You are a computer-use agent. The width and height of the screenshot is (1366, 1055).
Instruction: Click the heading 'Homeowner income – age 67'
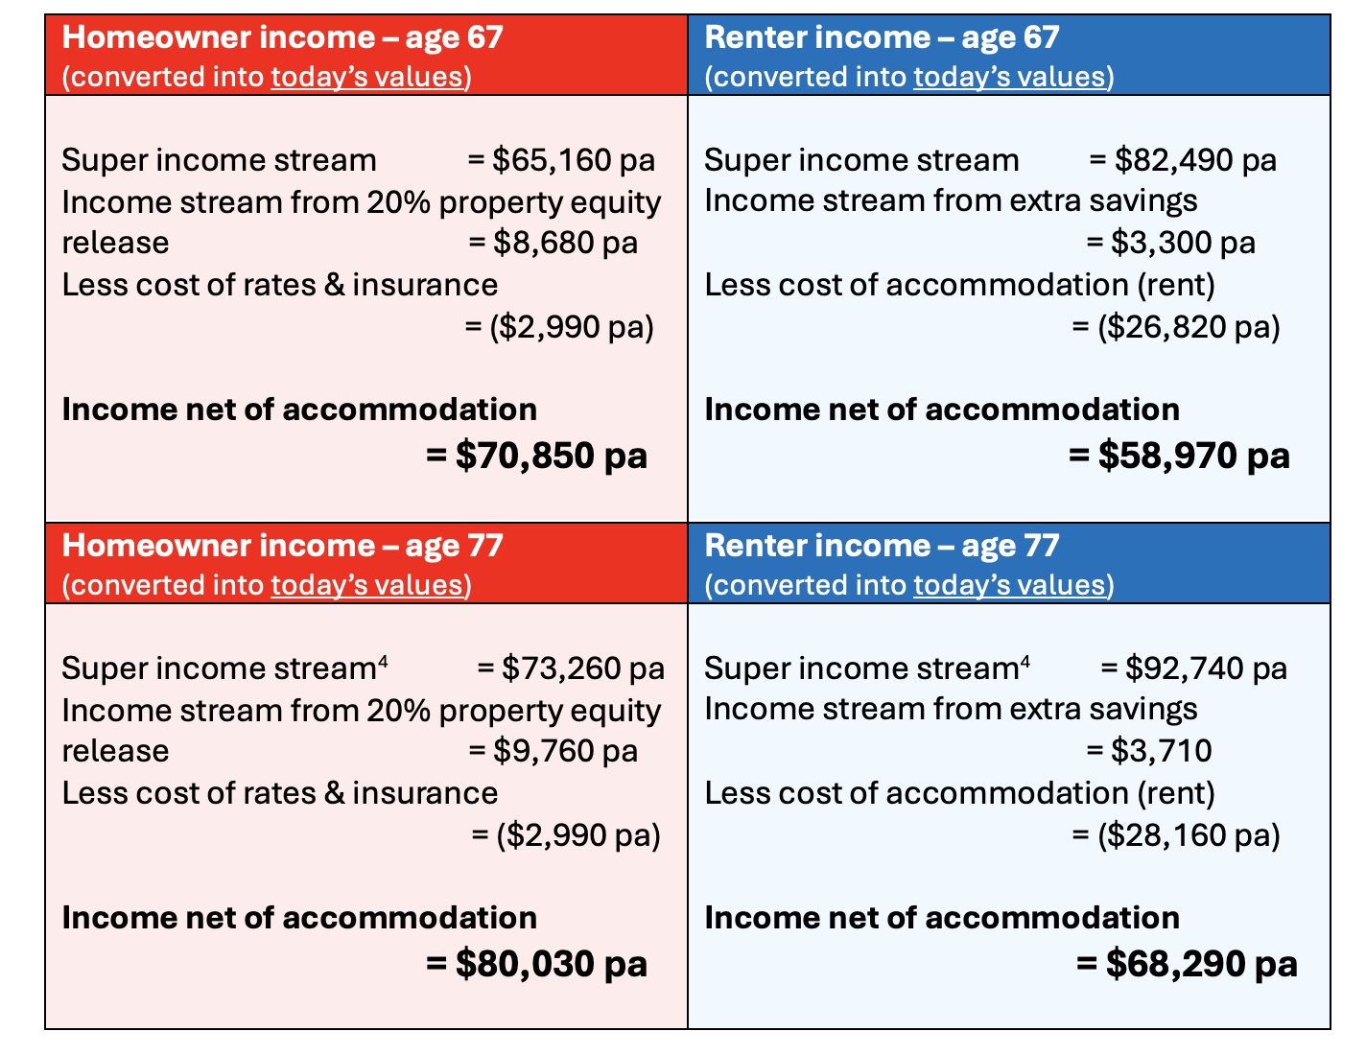[282, 37]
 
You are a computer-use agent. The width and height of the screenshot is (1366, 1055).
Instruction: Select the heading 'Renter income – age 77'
[882, 546]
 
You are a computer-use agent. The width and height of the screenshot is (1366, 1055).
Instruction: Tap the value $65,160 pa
[574, 160]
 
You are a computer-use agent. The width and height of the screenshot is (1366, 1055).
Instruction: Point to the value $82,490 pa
[1195, 160]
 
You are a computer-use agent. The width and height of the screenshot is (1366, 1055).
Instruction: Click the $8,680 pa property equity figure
[565, 244]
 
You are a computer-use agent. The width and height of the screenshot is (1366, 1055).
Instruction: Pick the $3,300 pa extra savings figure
[1183, 244]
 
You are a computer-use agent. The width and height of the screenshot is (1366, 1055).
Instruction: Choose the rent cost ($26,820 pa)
[1189, 327]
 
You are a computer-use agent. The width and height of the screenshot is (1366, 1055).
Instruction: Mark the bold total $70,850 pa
[551, 456]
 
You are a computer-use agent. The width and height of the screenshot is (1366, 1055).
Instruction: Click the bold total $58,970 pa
[1193, 456]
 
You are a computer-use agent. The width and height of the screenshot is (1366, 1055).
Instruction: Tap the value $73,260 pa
[582, 668]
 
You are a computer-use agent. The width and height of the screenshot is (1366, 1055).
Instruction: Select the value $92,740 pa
[1206, 668]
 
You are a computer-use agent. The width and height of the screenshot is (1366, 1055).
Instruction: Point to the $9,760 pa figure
[565, 752]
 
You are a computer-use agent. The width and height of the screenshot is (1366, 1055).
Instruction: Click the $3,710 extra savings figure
[1161, 752]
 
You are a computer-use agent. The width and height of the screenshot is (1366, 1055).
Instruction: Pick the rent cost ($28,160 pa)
[1189, 835]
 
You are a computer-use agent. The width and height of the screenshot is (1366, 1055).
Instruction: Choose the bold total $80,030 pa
[551, 964]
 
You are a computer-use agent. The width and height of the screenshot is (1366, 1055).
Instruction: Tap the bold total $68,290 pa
[1201, 964]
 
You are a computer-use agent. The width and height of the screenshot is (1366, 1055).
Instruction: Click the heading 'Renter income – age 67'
[882, 37]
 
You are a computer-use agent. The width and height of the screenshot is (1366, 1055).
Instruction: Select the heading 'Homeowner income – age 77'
[282, 546]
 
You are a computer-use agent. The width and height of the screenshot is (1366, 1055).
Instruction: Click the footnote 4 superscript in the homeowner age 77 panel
[383, 662]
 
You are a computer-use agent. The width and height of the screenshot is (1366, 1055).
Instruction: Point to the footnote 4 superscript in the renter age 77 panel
[1025, 662]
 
